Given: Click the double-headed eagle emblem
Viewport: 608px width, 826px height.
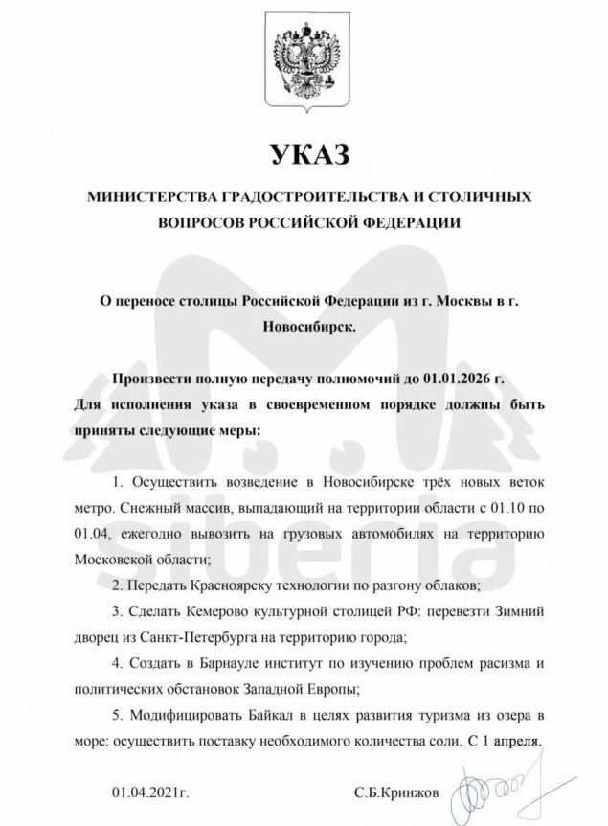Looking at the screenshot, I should pos(304,64).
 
